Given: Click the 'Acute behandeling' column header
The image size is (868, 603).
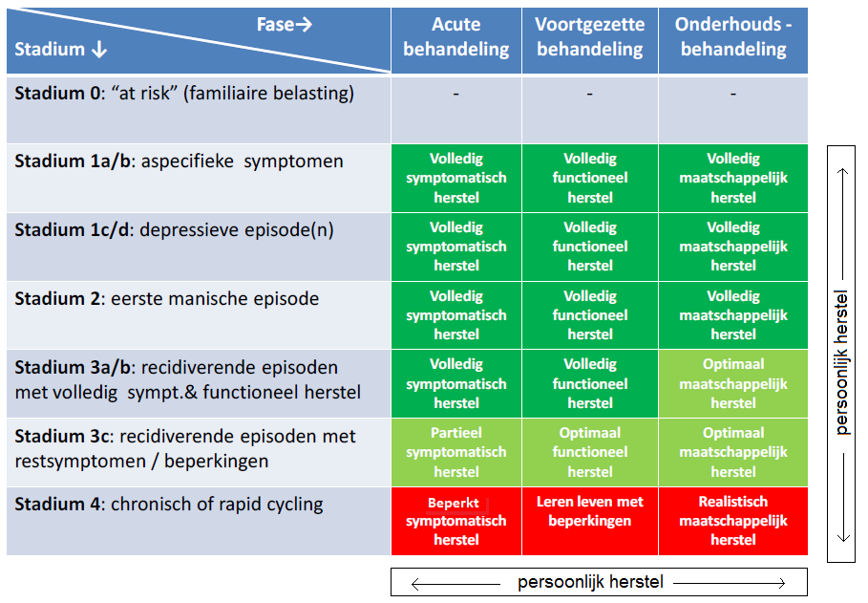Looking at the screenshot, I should click(x=455, y=37).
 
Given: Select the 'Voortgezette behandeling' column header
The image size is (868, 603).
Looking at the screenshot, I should click(x=589, y=37).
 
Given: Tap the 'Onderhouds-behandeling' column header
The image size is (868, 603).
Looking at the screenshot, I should click(x=733, y=37).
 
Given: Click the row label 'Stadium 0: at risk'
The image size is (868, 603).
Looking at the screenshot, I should click(x=184, y=94).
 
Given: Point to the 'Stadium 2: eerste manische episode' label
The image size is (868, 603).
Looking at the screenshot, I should click(x=166, y=299).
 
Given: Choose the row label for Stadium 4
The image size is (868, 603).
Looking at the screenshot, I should click(x=168, y=505).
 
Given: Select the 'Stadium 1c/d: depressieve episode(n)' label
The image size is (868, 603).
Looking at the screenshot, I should click(x=174, y=230).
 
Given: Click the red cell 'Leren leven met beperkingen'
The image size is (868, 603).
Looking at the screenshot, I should click(x=589, y=511).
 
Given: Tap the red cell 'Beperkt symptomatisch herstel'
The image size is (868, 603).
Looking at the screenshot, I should click(x=455, y=521).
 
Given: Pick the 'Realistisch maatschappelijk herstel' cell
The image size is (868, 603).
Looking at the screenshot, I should click(x=733, y=521).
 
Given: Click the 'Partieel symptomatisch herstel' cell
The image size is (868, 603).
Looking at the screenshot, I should click(x=455, y=452).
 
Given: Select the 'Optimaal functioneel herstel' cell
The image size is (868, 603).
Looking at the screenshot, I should click(x=589, y=452).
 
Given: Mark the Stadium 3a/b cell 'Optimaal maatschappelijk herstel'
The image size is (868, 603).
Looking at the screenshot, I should click(x=733, y=383).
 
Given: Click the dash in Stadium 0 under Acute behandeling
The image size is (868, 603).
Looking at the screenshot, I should click(x=455, y=95).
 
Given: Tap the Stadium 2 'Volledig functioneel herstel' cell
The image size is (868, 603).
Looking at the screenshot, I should click(x=589, y=314).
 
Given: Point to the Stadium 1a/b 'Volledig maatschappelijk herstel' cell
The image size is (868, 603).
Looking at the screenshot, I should click(x=733, y=178).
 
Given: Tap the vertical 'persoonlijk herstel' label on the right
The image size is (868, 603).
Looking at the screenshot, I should click(x=841, y=362).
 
